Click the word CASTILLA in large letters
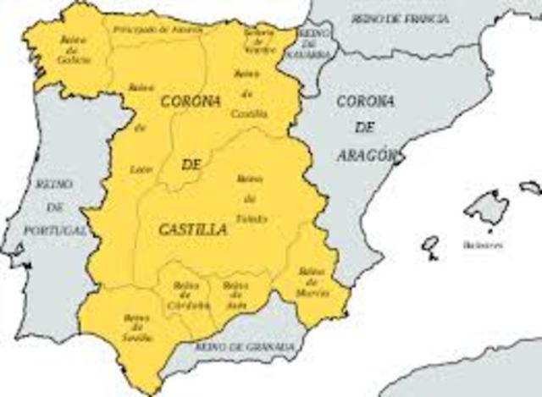coord(192,229)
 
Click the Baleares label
coord(483,245)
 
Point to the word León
coord(141,169)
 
